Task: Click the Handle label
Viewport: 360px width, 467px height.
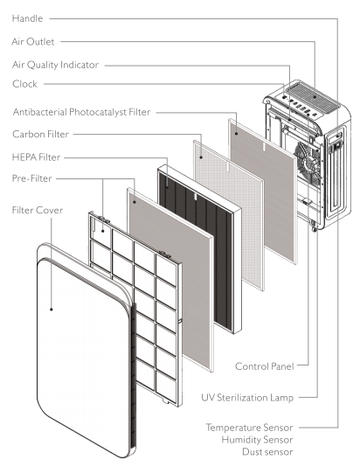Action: point(27,18)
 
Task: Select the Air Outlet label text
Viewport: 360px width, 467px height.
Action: point(33,42)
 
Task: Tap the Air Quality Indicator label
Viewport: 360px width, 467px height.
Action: point(55,65)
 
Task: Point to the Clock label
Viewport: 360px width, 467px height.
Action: point(24,84)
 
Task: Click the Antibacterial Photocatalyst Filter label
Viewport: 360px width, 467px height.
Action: point(82,112)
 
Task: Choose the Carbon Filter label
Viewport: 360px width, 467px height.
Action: point(41,134)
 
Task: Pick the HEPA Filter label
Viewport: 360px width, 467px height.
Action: point(37,157)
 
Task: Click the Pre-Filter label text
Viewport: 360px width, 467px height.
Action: point(32,178)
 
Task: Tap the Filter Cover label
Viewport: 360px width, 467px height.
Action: point(38,210)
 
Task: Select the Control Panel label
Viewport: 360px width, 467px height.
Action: point(265,366)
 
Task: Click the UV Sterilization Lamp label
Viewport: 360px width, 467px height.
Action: point(247,398)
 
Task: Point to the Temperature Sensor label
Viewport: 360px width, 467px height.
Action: point(249,428)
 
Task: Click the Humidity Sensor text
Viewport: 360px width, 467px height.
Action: point(258,440)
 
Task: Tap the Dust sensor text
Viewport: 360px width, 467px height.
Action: point(267,452)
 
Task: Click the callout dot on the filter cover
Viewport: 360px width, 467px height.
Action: point(52,310)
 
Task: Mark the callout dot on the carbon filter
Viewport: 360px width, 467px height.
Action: point(201,157)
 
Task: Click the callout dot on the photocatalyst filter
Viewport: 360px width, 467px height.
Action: point(236,134)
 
